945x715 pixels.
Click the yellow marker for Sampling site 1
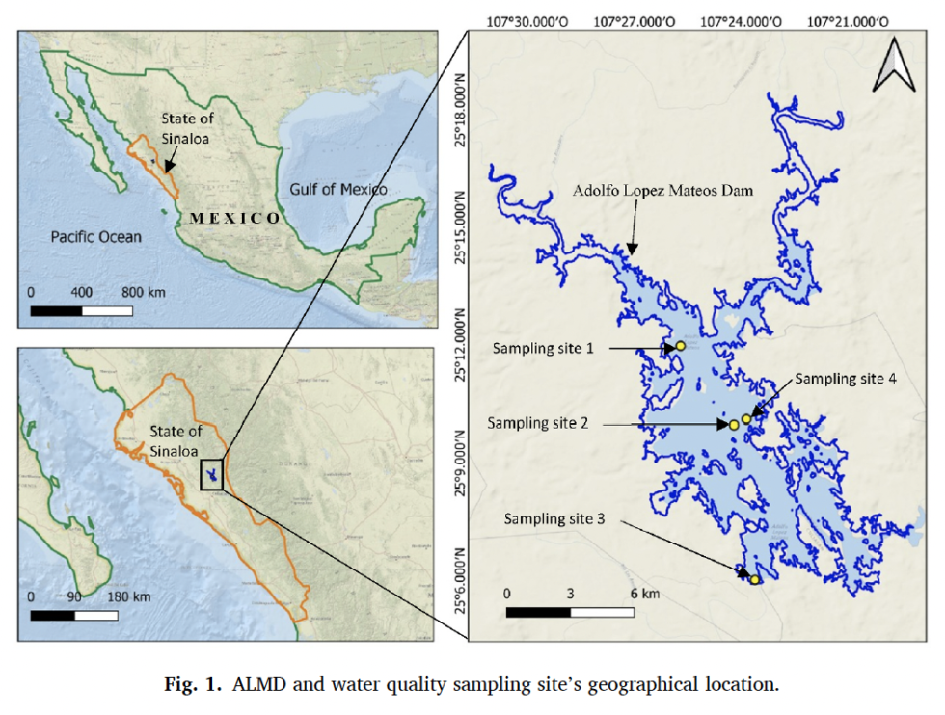(x=680, y=345)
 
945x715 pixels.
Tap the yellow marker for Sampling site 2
(x=734, y=425)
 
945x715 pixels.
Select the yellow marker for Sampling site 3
(x=755, y=579)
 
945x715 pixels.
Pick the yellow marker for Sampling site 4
(x=746, y=419)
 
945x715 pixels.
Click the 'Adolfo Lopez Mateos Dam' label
(x=662, y=191)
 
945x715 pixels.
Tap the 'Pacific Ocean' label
(x=96, y=236)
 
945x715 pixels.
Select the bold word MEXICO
(x=234, y=218)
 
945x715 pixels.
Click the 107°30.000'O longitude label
(x=522, y=20)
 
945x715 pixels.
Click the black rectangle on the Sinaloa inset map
(x=212, y=475)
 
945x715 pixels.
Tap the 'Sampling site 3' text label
(x=554, y=518)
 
